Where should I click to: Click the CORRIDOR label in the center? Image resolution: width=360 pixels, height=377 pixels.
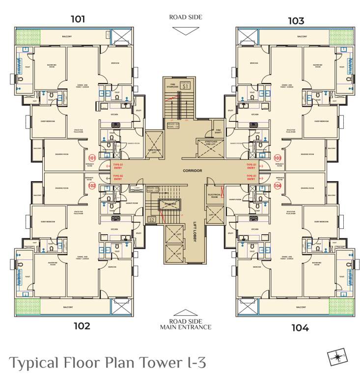pos(180,170)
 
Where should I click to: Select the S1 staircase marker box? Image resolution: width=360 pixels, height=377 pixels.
pos(185,85)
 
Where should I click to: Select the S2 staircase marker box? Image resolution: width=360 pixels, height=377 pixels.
pos(152,219)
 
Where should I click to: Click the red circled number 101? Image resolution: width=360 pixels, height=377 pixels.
pos(91,158)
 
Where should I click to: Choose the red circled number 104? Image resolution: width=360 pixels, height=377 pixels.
pos(277,186)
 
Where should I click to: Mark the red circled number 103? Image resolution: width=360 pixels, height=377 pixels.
pos(277,158)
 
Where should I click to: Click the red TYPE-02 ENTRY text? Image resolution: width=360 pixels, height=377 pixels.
pos(118,178)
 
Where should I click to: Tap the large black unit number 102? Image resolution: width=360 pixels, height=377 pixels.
pos(82,325)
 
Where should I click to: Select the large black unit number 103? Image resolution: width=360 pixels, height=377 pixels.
pos(296,21)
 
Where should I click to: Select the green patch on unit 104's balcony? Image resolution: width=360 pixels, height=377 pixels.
pos(341,306)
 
